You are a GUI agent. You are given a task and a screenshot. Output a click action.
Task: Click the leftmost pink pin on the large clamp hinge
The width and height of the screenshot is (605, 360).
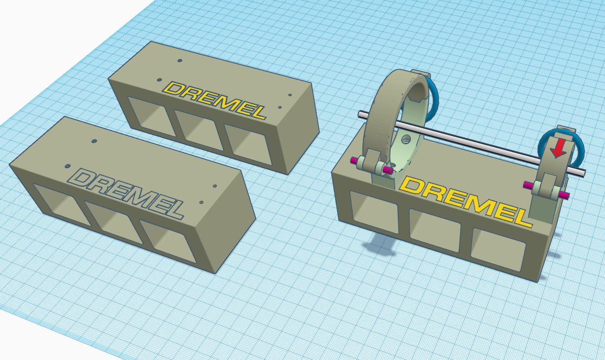click(353, 160)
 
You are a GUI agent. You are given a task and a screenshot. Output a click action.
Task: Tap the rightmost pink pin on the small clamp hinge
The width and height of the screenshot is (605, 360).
click(564, 195)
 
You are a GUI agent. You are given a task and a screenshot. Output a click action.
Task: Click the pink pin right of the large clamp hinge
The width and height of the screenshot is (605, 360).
click(387, 170)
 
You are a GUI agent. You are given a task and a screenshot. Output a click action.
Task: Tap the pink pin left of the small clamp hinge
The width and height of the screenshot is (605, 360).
click(528, 185)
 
